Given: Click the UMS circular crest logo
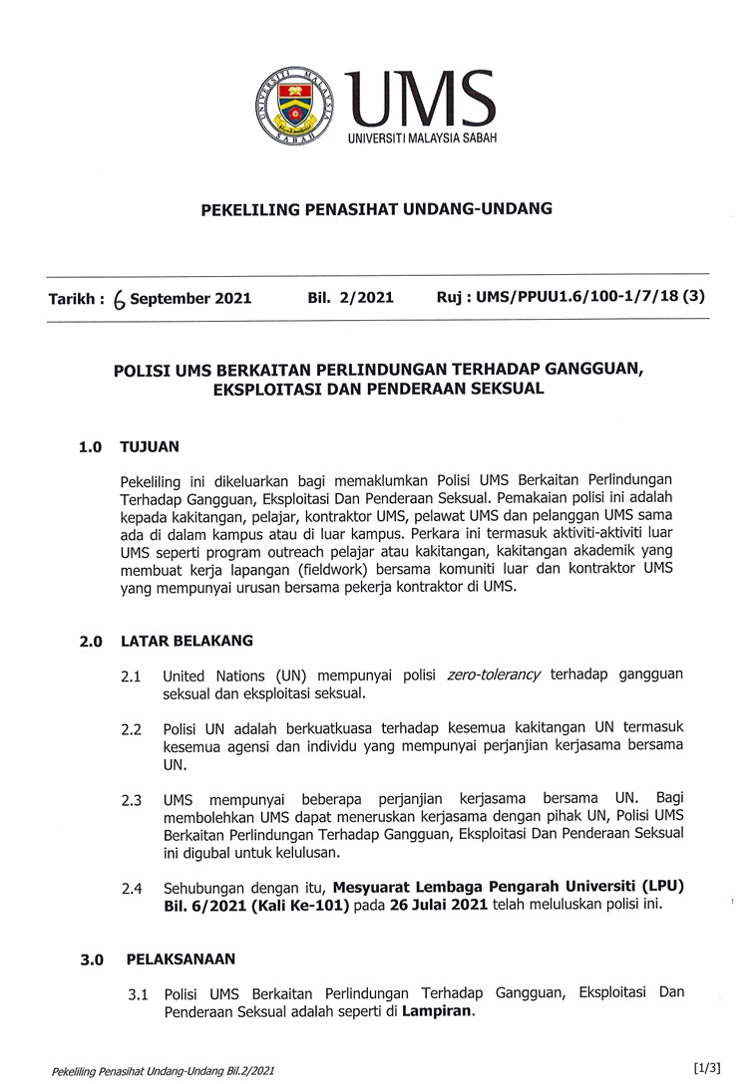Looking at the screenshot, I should point(293,107).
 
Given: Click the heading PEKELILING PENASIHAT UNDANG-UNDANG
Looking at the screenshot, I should point(377,209).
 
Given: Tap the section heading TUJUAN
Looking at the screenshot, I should point(149,447).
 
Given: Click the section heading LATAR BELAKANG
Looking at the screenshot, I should point(187,641).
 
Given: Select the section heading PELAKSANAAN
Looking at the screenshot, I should point(181,959).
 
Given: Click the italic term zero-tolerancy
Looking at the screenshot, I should point(493,675).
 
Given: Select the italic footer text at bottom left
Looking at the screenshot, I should point(163,1071).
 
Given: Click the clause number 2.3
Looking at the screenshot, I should point(132,800).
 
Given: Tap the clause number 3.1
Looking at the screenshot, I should point(138,994).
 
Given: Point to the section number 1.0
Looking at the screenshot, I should point(91,448).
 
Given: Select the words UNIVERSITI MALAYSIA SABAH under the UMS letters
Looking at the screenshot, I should point(422,137).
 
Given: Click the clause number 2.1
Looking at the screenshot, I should point(132,677).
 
